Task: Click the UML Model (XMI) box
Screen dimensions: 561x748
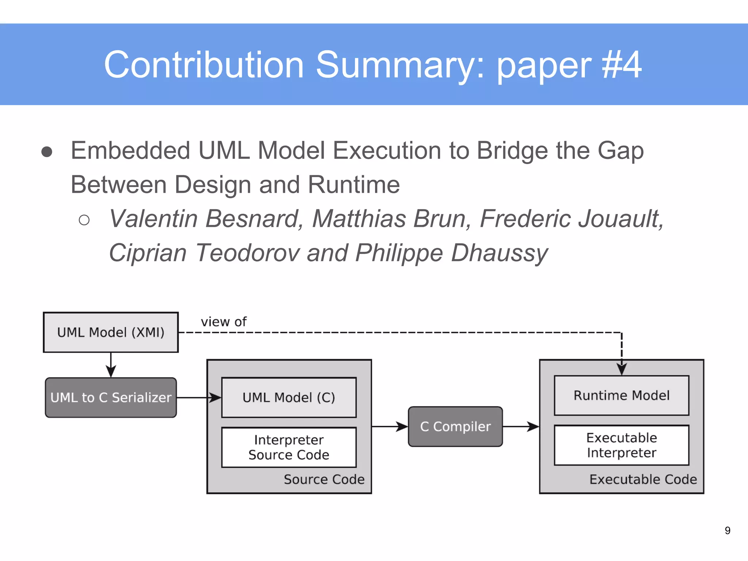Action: pos(111,332)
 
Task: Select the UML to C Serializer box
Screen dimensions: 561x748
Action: pos(111,397)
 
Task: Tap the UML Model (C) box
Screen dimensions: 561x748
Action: pos(289,397)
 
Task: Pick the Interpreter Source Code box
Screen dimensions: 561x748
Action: pos(289,447)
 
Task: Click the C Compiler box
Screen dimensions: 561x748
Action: pos(455,426)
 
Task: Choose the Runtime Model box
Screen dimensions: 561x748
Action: pos(621,395)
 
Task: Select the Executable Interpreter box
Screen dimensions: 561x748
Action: pos(621,445)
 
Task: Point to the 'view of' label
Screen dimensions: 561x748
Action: pos(224,322)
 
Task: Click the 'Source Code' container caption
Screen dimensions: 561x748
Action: pos(324,479)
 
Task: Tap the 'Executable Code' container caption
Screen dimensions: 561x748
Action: pos(643,479)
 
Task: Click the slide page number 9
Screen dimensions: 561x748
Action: pos(727,530)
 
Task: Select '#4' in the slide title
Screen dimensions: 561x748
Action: pos(621,65)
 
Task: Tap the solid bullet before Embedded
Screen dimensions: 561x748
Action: pos(47,152)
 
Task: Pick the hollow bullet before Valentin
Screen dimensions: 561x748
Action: pos(84,220)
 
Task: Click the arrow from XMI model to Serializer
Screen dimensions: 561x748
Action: pos(111,365)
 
